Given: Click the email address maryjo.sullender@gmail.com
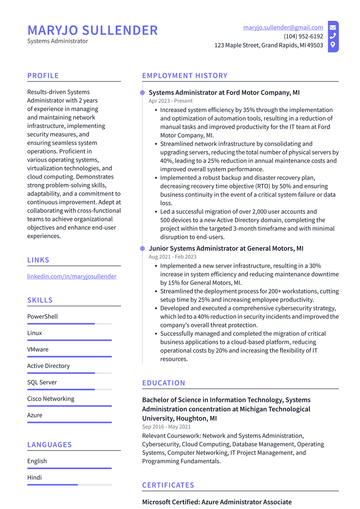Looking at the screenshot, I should [x=283, y=27].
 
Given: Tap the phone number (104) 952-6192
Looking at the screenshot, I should [x=303, y=36].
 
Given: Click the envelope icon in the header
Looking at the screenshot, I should [x=333, y=27].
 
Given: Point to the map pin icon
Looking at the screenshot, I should [x=333, y=45].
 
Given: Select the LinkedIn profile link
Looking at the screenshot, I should [x=72, y=276].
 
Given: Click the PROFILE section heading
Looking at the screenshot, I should [x=43, y=76].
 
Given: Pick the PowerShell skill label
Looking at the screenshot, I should [x=43, y=317].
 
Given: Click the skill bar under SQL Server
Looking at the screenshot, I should [x=69, y=389].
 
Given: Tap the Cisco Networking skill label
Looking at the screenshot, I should [x=51, y=399].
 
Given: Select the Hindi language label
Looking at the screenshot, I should [x=34, y=478].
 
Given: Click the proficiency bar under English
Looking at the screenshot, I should [x=69, y=468].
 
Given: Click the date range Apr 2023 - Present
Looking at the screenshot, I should [x=171, y=101].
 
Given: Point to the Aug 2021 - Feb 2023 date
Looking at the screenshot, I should [x=172, y=257].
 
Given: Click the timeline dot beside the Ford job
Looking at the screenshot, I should [x=142, y=93].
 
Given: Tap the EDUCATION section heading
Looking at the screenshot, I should [x=163, y=383].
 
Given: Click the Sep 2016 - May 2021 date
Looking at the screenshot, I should [x=166, y=427].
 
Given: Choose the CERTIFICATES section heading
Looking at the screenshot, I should [x=168, y=485].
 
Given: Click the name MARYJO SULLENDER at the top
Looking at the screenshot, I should [x=92, y=31].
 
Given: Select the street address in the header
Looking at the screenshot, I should [x=269, y=45].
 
